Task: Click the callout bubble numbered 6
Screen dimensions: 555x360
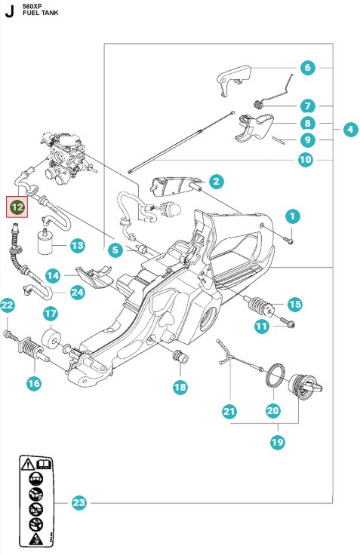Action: [307, 68]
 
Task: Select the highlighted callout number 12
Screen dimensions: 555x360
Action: [17, 206]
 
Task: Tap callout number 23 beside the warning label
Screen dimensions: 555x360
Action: [78, 503]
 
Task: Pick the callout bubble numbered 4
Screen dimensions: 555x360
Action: [349, 129]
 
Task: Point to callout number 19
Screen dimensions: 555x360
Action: [277, 443]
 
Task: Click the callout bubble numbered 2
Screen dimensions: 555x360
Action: [216, 181]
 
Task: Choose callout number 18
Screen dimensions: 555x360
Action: [180, 387]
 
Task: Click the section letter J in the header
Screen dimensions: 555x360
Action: [9, 11]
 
